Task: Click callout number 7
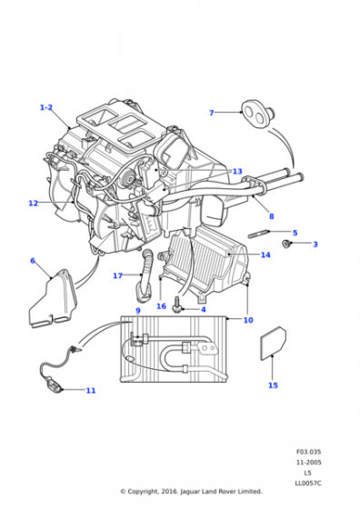point(211,113)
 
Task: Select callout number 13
point(237,171)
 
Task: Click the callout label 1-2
point(46,107)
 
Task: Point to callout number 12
point(33,204)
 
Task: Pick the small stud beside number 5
point(258,234)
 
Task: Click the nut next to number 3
point(286,244)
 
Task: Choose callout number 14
point(265,254)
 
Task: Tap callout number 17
point(117,275)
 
